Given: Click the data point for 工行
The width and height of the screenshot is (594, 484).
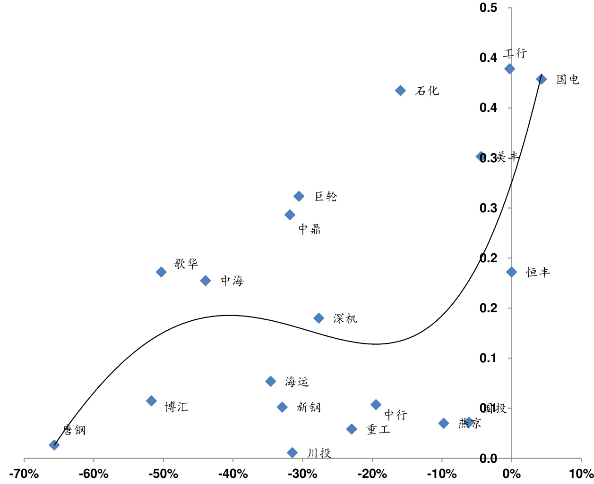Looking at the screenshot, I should click(x=509, y=69).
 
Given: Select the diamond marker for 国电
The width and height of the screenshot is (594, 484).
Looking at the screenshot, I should click(x=542, y=79).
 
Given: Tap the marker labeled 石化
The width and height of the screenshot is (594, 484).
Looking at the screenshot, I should click(x=400, y=90).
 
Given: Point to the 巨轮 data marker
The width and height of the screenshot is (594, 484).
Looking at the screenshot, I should click(x=299, y=196).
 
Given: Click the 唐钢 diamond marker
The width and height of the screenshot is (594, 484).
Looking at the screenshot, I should click(x=54, y=445).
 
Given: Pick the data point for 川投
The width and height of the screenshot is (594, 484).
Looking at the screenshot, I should click(x=293, y=453).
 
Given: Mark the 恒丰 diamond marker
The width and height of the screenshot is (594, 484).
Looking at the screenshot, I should click(x=512, y=272).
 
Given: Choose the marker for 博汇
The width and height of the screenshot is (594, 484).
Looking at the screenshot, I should click(x=151, y=401).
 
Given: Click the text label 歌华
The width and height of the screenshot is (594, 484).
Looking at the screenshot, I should click(x=186, y=264).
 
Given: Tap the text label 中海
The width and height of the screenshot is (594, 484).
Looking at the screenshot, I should click(x=232, y=281).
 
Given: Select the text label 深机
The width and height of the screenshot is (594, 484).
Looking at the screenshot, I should click(x=345, y=319).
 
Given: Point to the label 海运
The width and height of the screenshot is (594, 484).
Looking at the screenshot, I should click(x=297, y=382).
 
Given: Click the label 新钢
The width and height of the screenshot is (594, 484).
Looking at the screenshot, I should click(x=309, y=407).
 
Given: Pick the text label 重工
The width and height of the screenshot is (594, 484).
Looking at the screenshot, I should click(x=379, y=430).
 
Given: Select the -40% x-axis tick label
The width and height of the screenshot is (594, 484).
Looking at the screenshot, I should click(x=233, y=474).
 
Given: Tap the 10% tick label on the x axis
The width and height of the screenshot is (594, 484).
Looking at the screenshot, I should click(x=581, y=474).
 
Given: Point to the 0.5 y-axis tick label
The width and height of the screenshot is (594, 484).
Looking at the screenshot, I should click(x=489, y=8).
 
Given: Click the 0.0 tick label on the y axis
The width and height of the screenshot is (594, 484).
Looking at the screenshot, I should click(x=489, y=458).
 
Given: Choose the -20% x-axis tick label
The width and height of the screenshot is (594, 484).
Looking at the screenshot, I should click(x=372, y=474).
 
